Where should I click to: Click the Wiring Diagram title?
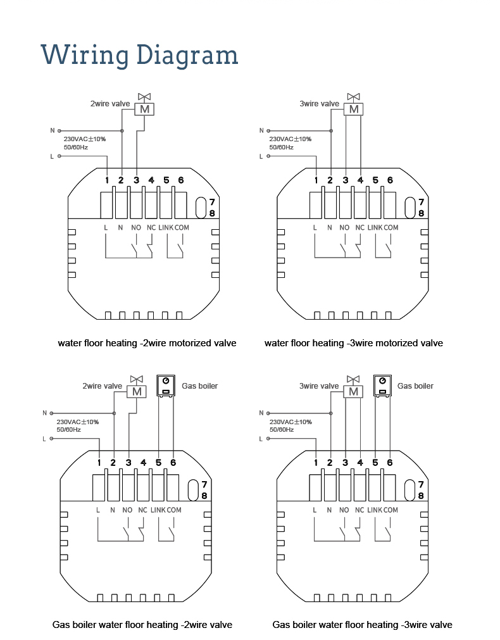[139, 55]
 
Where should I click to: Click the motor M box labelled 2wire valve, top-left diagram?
[144, 110]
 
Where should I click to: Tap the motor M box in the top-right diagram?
[353, 110]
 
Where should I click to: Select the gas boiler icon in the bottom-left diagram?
[166, 386]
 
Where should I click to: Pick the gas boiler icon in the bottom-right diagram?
[382, 386]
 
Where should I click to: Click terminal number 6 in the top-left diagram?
[181, 180]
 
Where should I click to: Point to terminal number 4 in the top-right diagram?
[360, 180]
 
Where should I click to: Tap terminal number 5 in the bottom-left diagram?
[158, 463]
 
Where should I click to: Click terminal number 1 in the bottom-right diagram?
[316, 463]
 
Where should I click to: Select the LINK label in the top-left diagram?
[166, 228]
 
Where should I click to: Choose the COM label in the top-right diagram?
[391, 228]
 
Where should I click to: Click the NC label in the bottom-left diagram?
[142, 510]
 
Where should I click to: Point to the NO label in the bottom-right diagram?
[344, 510]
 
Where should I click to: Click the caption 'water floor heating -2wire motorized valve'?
[147, 343]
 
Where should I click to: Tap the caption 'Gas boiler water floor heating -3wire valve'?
[362, 625]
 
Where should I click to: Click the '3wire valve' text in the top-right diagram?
[319, 104]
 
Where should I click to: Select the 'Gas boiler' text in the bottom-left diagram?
[199, 386]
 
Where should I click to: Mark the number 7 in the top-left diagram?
[212, 202]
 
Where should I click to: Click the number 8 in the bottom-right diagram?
[421, 496]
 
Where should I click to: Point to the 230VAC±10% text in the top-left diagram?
[84, 139]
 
